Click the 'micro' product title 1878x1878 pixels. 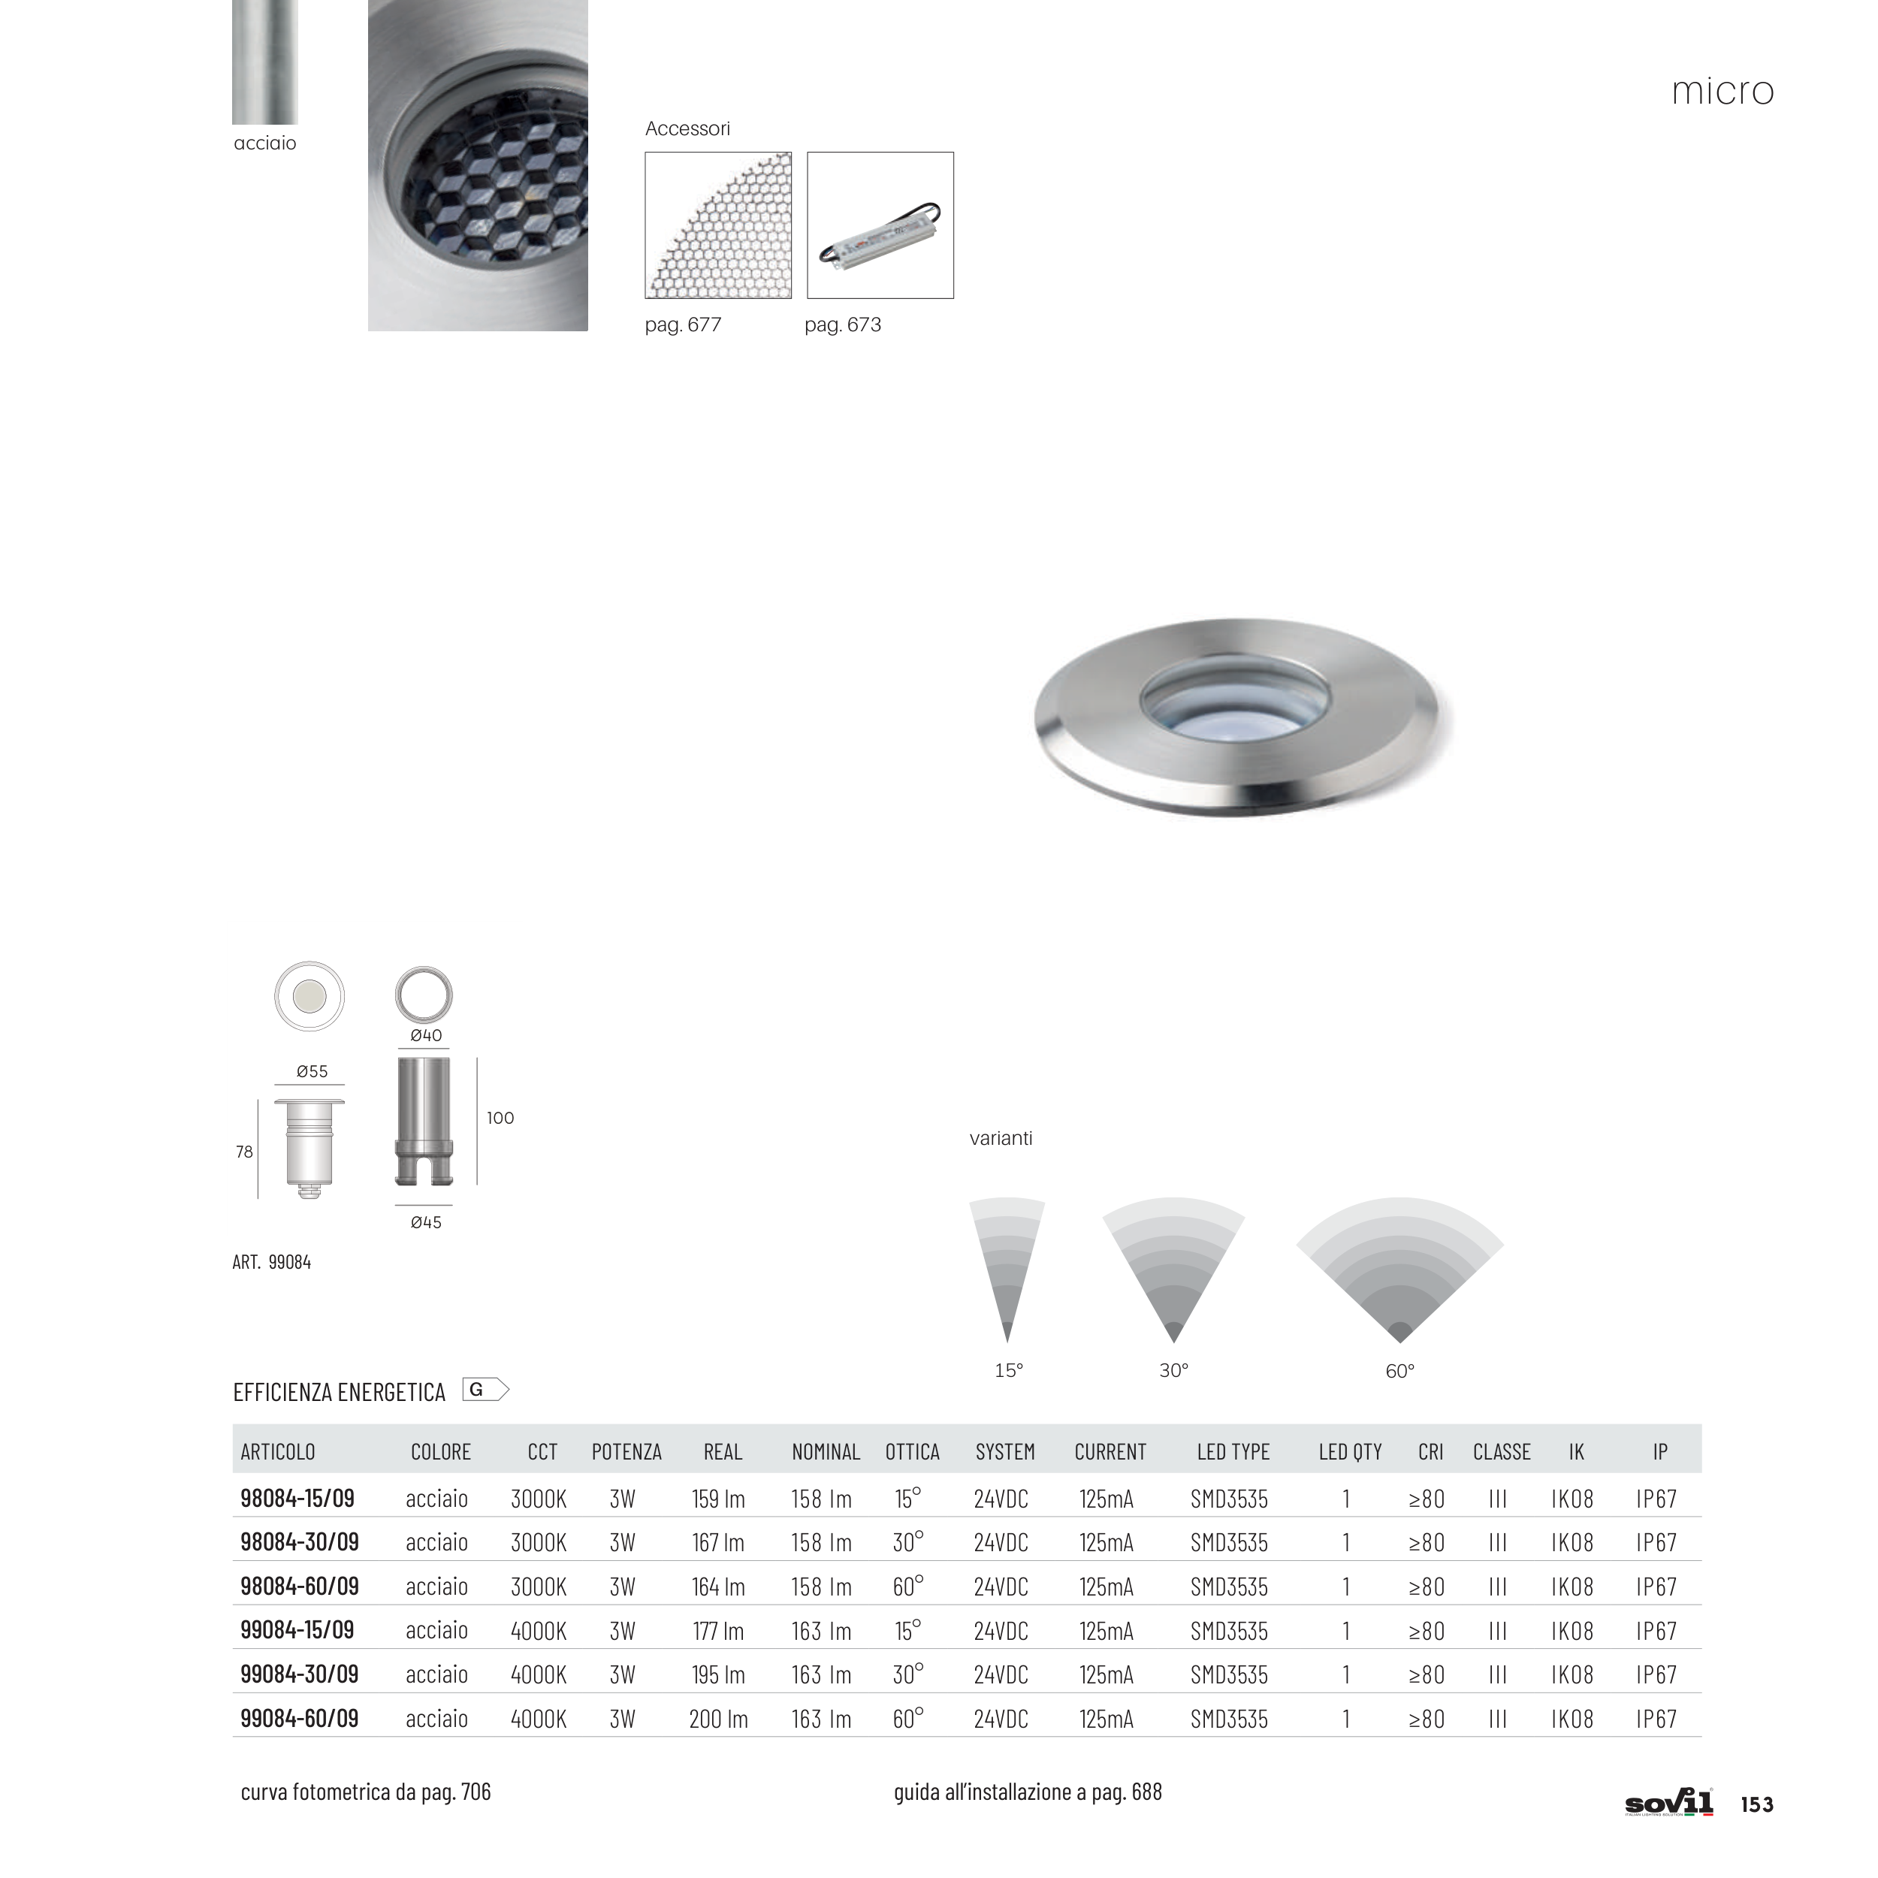pyautogui.click(x=1723, y=92)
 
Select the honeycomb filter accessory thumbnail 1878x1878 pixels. pyautogui.click(x=718, y=225)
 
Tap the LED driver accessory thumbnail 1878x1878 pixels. pyautogui.click(x=880, y=225)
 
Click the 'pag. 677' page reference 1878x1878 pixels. pyautogui.click(x=684, y=325)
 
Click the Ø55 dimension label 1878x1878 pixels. pyautogui.click(x=312, y=1071)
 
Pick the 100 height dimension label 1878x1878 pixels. pyautogui.click(x=500, y=1118)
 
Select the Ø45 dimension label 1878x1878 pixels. pyautogui.click(x=426, y=1223)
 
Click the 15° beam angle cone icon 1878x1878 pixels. pyautogui.click(x=1007, y=1270)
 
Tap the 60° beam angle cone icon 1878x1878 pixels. pyautogui.click(x=1399, y=1270)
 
